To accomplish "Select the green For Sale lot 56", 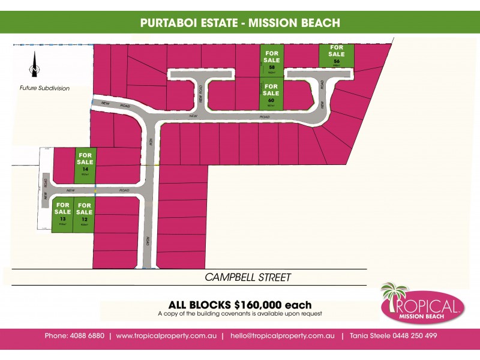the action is [x=337, y=55].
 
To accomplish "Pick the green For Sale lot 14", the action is [x=85, y=166].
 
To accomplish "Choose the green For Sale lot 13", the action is [x=62, y=215].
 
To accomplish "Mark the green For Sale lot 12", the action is [x=85, y=215].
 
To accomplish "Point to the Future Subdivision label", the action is [x=44, y=88].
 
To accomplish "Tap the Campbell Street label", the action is [x=248, y=277].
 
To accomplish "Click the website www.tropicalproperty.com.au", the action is [x=166, y=335].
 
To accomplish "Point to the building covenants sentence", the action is [x=240, y=314].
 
